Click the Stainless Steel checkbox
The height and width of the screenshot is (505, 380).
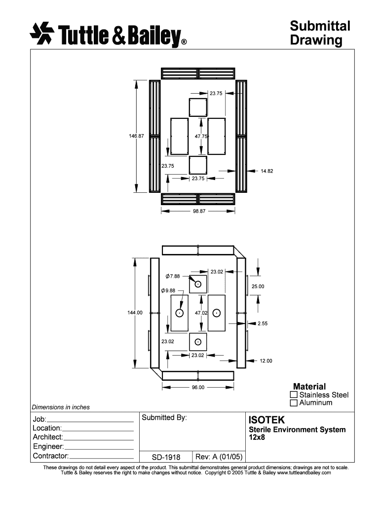pos(294,395)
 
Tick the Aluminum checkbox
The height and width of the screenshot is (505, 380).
pos(294,403)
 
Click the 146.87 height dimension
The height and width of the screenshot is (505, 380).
pos(136,136)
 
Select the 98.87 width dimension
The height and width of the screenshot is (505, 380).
pos(199,211)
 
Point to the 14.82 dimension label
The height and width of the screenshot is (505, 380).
pos(267,171)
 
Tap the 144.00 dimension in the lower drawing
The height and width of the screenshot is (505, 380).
pos(135,312)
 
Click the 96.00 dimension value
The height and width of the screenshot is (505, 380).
pos(198,387)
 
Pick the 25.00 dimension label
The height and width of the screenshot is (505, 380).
pos(258,287)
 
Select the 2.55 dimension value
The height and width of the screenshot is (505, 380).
pos(263,324)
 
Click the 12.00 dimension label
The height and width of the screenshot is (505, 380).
pos(266,361)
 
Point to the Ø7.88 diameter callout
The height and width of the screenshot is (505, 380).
pos(173,276)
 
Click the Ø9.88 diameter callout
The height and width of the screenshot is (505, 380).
pos(168,290)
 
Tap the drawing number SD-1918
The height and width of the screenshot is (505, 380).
pos(166,457)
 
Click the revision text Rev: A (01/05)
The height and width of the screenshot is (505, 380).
pos(219,457)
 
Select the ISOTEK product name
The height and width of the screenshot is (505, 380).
pos(266,420)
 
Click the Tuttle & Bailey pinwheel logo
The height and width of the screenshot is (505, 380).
pos(42,33)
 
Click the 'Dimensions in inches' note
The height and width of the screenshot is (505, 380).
pos(61,407)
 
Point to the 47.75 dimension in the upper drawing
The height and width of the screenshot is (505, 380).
pos(201,136)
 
